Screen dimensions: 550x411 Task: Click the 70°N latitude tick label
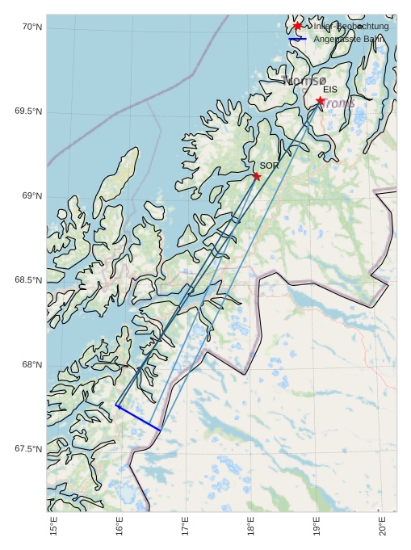coord(31,27)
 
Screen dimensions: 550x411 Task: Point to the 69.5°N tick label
coord(28,111)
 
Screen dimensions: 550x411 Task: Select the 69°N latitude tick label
coord(31,196)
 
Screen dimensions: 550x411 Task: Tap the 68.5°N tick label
coord(28,280)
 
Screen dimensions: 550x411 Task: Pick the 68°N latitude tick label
coord(31,365)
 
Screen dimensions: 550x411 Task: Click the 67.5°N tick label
coord(28,449)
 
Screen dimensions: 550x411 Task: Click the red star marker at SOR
coord(257,176)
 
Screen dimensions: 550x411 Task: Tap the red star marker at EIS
coord(321,101)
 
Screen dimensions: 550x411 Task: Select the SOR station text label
coord(269,166)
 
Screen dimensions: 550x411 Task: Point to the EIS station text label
coord(330,90)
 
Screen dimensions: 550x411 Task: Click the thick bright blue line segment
coord(138,418)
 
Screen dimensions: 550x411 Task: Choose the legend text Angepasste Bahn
coord(349,39)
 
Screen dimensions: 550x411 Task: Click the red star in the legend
coord(297,26)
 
